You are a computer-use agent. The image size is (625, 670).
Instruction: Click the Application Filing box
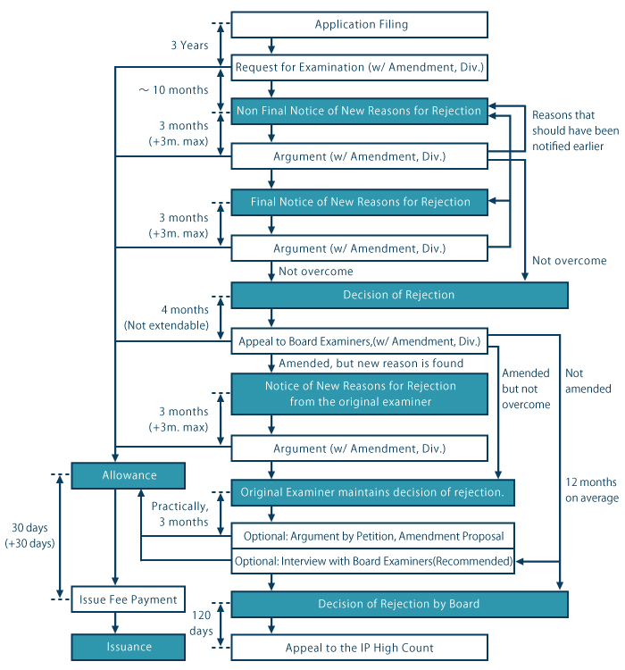pos(360,25)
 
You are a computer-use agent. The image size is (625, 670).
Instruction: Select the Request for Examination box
pos(360,68)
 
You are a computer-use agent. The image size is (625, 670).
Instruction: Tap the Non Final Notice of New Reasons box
pos(360,112)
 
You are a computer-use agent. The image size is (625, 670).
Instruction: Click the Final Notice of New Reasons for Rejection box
pos(360,202)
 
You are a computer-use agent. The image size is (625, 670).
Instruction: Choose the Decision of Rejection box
pos(399,295)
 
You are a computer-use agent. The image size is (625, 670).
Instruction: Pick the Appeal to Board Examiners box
pos(360,340)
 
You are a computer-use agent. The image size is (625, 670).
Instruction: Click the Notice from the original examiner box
pos(360,393)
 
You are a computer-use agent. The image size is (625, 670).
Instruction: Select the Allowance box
pos(128,476)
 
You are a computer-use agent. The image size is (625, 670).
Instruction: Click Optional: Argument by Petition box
pos(373,536)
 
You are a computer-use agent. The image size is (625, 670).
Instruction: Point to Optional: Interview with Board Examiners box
pos(373,561)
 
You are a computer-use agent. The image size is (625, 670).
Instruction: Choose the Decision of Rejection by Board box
pos(399,605)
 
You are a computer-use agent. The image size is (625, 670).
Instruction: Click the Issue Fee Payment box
pos(128,599)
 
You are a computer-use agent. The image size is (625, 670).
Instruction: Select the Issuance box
pos(128,646)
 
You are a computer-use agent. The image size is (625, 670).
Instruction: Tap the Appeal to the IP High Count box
pos(360,648)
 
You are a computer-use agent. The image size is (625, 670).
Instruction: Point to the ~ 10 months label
pos(173,90)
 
